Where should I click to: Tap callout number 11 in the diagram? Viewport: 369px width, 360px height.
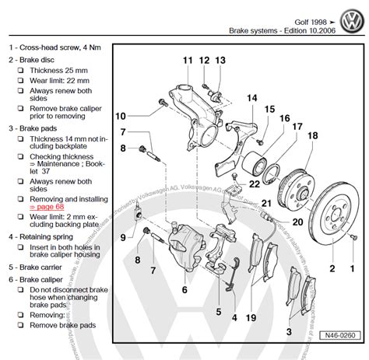(x=188, y=61)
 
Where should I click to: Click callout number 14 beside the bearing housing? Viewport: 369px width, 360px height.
(x=251, y=97)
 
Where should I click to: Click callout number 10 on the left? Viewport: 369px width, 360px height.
(x=121, y=117)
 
